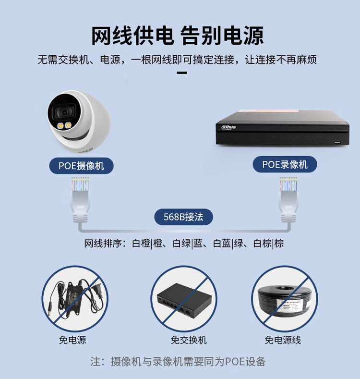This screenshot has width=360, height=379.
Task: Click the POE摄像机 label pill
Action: point(82,166)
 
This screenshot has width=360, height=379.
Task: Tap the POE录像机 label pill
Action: point(285,164)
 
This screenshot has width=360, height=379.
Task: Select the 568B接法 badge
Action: point(184,217)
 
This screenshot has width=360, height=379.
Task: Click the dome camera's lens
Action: point(65,112)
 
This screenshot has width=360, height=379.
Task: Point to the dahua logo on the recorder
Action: point(228,127)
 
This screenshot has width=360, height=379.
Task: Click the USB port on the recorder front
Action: point(337,142)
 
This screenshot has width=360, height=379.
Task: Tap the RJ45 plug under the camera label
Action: point(80,200)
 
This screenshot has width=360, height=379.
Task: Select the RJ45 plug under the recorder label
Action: point(288,200)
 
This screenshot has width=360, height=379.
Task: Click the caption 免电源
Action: point(72,340)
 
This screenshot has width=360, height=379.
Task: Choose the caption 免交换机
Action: point(189,340)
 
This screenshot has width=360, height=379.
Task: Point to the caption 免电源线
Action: point(283,340)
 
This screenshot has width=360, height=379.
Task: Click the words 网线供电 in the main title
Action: point(132,36)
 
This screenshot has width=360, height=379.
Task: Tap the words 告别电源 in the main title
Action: point(222,36)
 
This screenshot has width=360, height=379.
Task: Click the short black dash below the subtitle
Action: point(182,73)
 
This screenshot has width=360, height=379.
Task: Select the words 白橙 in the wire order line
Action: point(141,243)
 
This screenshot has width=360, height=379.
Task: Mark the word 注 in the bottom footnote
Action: point(96,362)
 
